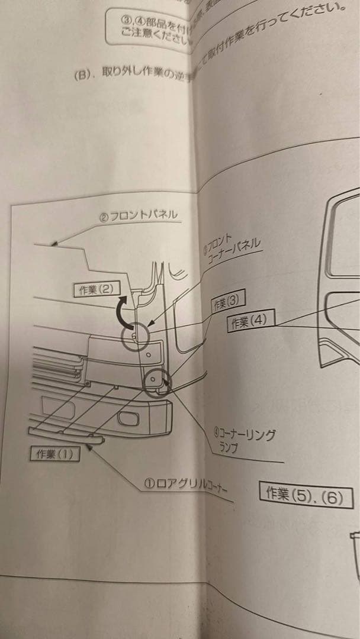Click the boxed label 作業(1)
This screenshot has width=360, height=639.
(54, 454)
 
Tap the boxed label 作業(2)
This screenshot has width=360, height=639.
(96, 289)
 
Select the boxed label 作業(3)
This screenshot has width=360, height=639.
(228, 302)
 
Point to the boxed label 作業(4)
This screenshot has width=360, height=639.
(249, 322)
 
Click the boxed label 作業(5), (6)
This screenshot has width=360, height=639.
(306, 495)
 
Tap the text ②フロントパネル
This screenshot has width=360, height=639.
(137, 216)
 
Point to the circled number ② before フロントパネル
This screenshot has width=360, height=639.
(103, 218)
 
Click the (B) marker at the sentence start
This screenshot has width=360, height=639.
(81, 75)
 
